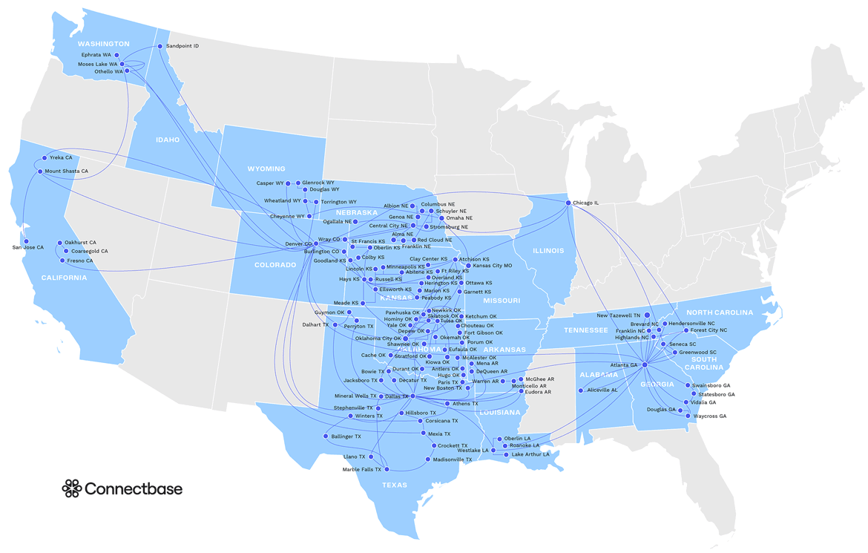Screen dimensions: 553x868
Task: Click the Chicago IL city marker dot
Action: [568, 203]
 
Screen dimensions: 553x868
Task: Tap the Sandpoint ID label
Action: [183, 46]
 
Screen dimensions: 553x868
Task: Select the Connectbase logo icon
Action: [71, 488]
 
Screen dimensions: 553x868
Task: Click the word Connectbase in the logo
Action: [134, 488]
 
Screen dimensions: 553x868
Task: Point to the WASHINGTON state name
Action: [104, 44]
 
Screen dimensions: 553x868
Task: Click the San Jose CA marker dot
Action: [26, 241]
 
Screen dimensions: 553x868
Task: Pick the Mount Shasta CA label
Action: [67, 171]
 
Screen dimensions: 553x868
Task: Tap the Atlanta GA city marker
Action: [645, 364]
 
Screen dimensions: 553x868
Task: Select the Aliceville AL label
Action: [602, 390]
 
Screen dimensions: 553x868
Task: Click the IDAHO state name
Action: [167, 140]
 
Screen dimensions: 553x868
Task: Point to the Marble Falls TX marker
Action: [387, 469]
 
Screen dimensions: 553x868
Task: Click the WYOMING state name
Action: [266, 168]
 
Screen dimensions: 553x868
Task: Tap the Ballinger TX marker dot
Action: [326, 436]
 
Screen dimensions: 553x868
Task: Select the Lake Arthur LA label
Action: [531, 454]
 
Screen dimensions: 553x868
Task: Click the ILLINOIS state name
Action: [548, 251]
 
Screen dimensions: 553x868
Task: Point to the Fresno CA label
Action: [80, 261]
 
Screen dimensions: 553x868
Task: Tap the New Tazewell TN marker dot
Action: [647, 315]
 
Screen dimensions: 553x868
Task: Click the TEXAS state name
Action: [395, 485]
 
